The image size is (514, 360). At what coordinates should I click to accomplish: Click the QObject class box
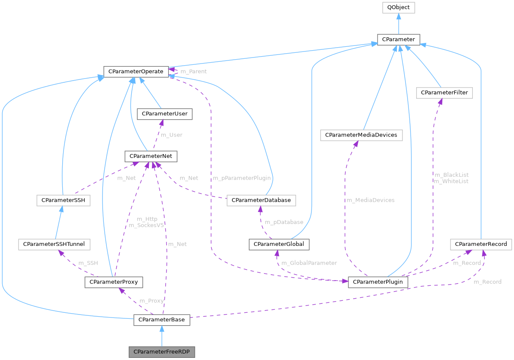[399, 7]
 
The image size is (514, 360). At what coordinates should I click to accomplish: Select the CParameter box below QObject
[399, 39]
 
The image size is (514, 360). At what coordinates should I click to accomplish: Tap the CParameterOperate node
[136, 71]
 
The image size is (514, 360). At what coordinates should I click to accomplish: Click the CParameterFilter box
[444, 92]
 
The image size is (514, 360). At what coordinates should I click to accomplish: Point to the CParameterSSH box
[63, 200]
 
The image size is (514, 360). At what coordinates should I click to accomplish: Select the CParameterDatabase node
[261, 200]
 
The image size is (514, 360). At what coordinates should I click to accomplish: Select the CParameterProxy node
[114, 282]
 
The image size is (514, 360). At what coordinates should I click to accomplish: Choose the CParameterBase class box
[162, 320]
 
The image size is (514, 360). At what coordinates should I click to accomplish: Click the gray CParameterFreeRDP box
[162, 352]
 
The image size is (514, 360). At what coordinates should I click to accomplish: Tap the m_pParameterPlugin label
[241, 178]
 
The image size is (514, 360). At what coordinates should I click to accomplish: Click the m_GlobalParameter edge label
[309, 263]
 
